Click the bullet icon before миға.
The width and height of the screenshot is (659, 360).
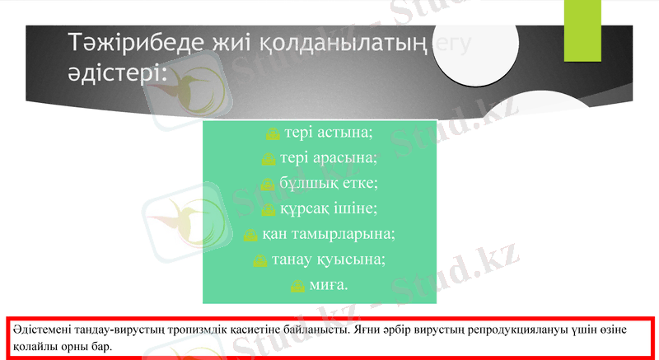298,286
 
